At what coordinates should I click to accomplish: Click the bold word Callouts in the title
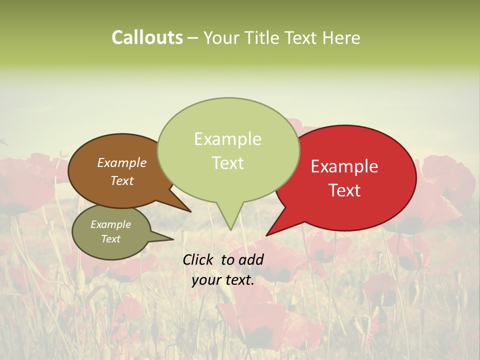pos(147,37)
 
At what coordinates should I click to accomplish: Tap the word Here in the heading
pos(342,38)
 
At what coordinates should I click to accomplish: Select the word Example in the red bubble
pos(344,166)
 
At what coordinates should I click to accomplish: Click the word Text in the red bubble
pos(344,190)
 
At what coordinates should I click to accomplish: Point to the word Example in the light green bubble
pos(227,139)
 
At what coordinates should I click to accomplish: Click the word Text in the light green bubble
pos(227,163)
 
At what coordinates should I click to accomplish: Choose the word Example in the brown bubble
pos(121,162)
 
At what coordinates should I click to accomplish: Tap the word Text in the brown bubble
pos(121,180)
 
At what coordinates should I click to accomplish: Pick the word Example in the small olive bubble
pos(110,224)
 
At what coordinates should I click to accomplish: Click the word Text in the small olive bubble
pos(110,239)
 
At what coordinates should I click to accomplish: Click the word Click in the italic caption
pos(198,259)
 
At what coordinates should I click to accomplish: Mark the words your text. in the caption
pos(223,280)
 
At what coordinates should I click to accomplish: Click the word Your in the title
pos(220,38)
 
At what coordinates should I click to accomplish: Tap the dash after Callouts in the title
pos(192,38)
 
